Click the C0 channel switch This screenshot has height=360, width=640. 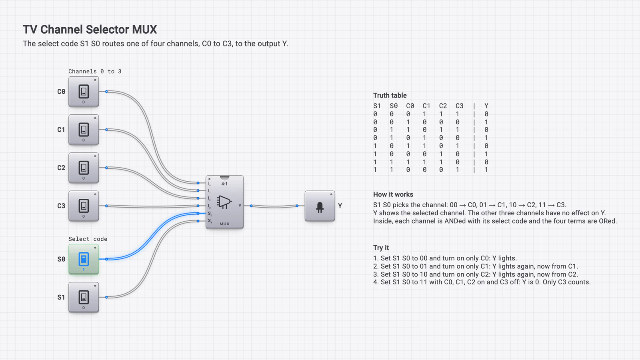click(x=84, y=92)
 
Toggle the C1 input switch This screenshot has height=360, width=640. click(x=84, y=130)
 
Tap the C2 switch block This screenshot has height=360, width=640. click(x=84, y=168)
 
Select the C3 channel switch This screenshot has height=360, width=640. click(x=84, y=206)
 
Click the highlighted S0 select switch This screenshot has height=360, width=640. click(x=84, y=259)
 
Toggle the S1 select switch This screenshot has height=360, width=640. click(x=84, y=298)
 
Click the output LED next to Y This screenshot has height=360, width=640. click(x=320, y=206)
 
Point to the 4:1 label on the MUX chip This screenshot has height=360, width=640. click(x=224, y=184)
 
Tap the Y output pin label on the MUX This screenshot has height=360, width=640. click(x=240, y=206)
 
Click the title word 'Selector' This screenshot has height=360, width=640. click(x=107, y=30)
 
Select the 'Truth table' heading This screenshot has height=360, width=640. click(x=390, y=96)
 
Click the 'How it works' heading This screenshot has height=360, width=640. click(x=393, y=194)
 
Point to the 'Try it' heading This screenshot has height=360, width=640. click(x=381, y=248)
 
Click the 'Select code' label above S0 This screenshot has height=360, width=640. click(x=88, y=239)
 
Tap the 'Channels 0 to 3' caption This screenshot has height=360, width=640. click(x=95, y=72)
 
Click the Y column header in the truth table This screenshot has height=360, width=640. click(x=486, y=106)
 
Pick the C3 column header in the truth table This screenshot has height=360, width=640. click(x=460, y=106)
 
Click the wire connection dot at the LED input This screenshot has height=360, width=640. click(x=297, y=206)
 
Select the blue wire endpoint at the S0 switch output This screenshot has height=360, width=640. click(x=106, y=259)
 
